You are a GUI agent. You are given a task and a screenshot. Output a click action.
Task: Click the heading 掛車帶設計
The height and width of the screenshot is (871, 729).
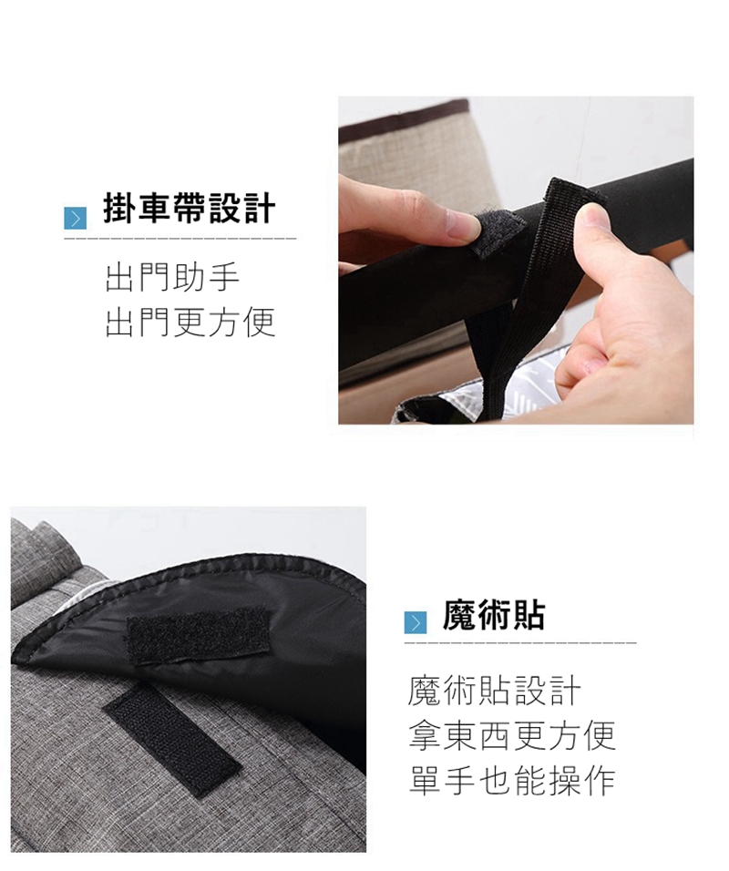click(189, 209)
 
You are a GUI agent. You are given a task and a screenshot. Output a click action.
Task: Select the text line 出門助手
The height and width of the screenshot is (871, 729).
click(172, 278)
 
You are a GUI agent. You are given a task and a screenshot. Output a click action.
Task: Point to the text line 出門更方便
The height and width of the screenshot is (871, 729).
click(190, 323)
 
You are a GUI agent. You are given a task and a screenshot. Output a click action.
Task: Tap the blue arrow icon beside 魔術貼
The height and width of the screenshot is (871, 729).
click(415, 622)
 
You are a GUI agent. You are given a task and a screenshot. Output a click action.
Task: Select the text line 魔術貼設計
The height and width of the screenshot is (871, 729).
click(494, 691)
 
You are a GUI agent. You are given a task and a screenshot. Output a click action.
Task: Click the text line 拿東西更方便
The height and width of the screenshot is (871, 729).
click(512, 735)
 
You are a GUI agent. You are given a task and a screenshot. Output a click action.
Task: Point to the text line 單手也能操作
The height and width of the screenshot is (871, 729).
click(512, 780)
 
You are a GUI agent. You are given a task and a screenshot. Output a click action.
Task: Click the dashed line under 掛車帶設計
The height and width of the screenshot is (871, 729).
click(180, 239)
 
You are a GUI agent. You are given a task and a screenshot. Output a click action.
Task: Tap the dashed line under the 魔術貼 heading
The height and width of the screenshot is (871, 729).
click(520, 643)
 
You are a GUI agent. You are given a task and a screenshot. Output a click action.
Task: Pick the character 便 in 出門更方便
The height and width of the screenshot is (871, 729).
click(259, 323)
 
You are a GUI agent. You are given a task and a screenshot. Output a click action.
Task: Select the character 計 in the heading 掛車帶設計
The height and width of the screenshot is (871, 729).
click(259, 209)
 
